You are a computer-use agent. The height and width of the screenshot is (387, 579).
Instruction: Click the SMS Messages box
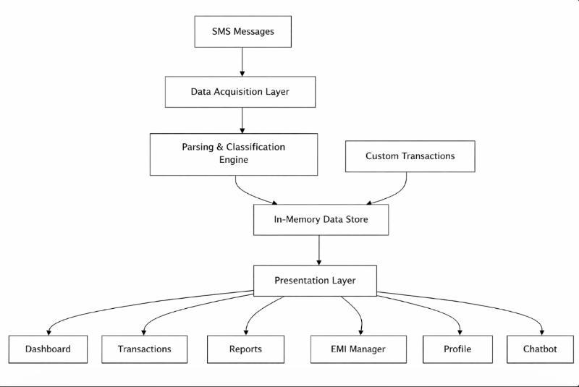coord(243,31)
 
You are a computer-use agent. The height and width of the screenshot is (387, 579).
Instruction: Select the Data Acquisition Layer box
coord(240,92)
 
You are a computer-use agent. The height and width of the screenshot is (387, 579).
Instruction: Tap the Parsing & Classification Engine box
coord(234,154)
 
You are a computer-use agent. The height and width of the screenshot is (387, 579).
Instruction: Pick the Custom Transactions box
coord(410,156)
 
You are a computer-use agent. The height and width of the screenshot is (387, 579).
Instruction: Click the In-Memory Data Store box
coord(321,219)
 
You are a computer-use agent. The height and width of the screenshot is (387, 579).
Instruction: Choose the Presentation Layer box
coord(315,281)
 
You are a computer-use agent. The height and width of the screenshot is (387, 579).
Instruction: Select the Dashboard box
coord(48,349)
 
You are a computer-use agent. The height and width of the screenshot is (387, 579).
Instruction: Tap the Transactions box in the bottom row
coord(144,349)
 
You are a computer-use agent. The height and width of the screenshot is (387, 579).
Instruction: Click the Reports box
coord(245,349)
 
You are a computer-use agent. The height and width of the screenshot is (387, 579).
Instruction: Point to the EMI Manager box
coord(358,349)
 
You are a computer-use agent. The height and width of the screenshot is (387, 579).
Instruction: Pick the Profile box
coord(457,349)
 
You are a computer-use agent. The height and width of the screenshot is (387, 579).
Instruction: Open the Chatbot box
coord(540,349)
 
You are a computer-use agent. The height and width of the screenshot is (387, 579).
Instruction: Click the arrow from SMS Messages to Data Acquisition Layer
coord(242,62)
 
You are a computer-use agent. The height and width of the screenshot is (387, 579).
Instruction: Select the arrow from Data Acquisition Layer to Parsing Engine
coord(242,121)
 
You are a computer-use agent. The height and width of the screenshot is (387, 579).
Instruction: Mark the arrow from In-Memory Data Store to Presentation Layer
coord(319,250)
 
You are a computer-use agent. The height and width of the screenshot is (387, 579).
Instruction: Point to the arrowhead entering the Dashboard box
coord(48,333)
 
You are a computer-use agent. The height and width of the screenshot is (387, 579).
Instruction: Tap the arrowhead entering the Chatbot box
coord(541,333)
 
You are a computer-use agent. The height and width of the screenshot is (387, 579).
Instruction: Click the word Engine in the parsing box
coord(234,160)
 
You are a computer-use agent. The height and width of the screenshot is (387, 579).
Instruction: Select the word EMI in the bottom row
coord(338,349)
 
